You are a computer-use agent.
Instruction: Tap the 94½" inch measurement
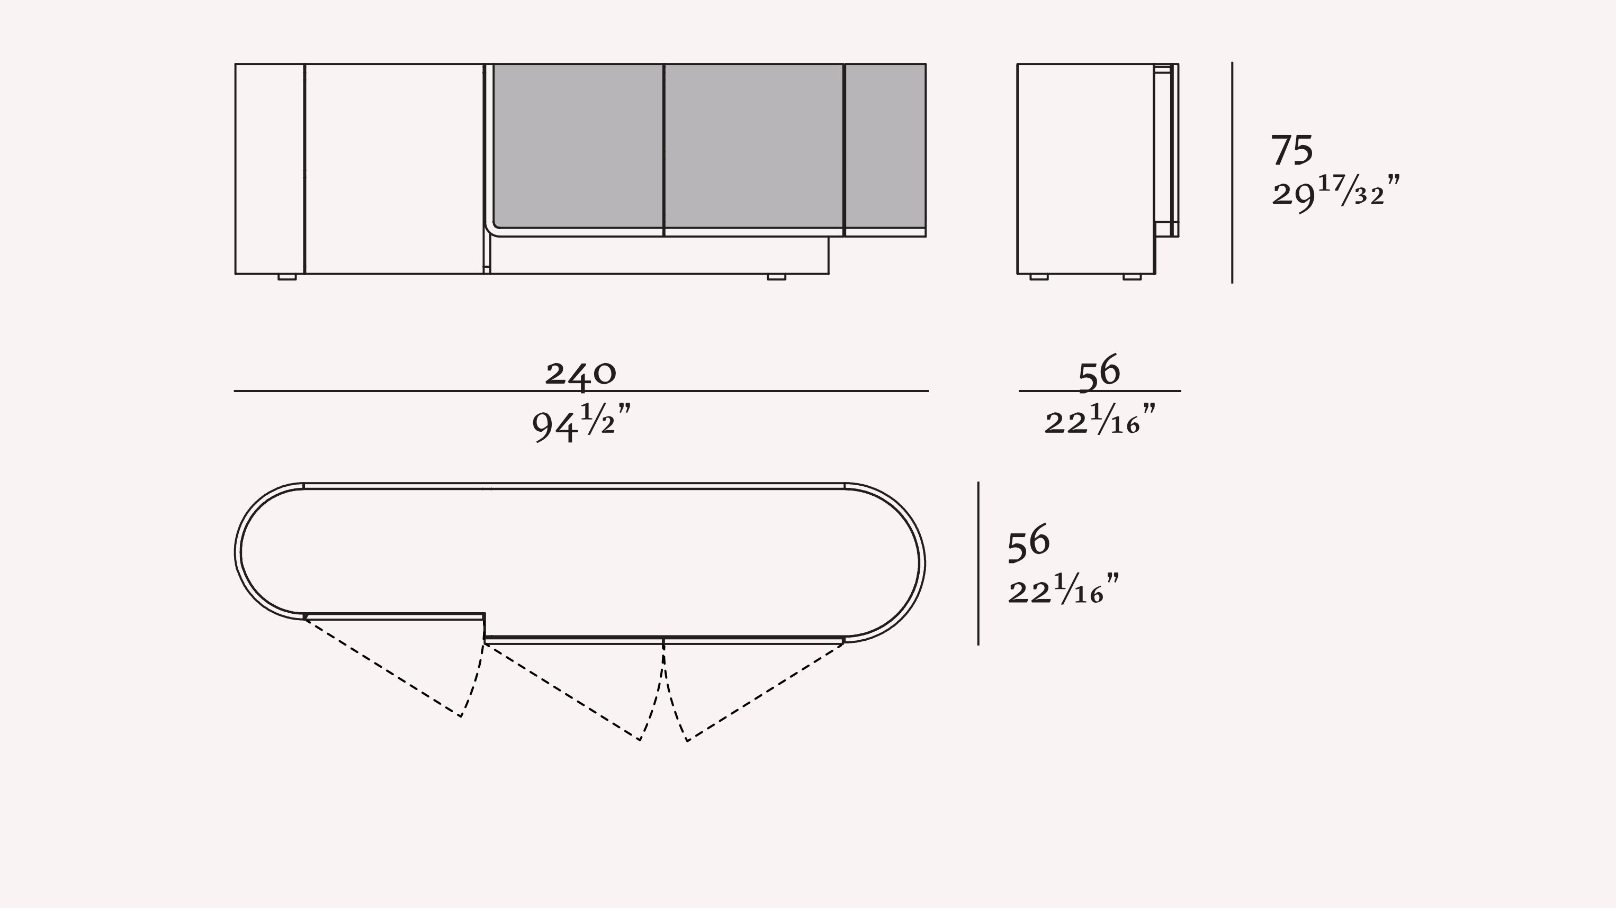(x=581, y=423)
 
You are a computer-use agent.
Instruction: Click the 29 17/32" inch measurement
(x=1335, y=193)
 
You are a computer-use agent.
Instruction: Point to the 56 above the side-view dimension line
(x=1099, y=372)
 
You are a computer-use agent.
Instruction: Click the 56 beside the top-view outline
(x=1029, y=542)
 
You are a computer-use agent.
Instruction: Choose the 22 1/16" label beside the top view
(x=1063, y=589)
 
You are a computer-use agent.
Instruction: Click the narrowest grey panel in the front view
(x=886, y=146)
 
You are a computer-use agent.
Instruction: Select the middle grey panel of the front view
(x=753, y=146)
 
